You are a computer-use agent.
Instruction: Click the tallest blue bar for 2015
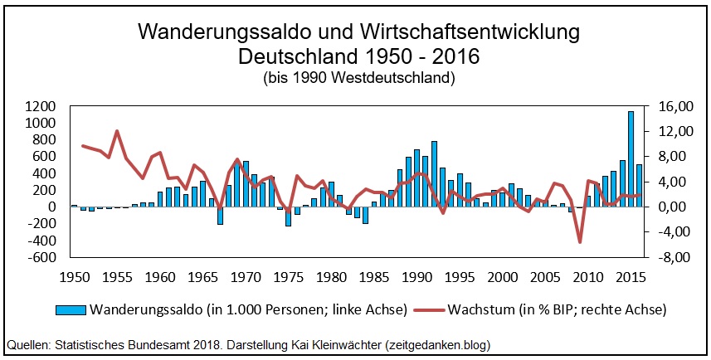[x=631, y=159]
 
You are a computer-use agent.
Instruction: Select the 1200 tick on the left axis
[x=41, y=107]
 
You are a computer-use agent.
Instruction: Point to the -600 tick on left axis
[x=41, y=257]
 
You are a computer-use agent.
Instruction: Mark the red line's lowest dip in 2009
[x=580, y=242]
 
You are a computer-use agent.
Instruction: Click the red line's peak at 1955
[x=117, y=131]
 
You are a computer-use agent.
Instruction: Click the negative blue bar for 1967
[x=220, y=215]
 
